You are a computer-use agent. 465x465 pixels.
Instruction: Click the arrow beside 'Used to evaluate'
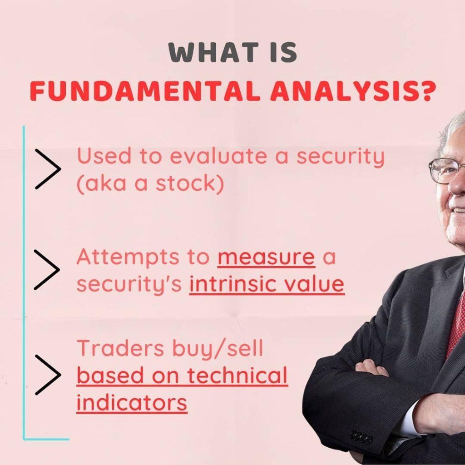click(48, 169)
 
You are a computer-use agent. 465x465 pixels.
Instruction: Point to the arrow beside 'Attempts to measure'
click(47, 270)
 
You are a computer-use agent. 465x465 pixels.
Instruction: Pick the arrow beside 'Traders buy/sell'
click(48, 375)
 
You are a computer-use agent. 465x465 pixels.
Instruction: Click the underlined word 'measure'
click(266, 258)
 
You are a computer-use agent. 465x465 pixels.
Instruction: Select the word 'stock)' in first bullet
click(190, 183)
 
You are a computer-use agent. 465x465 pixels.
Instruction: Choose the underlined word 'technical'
click(237, 376)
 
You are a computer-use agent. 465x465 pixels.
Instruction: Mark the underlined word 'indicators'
click(132, 403)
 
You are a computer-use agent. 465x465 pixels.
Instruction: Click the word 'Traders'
click(120, 348)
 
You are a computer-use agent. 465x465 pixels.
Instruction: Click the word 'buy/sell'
click(218, 349)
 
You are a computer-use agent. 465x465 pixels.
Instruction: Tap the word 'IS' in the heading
click(283, 52)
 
